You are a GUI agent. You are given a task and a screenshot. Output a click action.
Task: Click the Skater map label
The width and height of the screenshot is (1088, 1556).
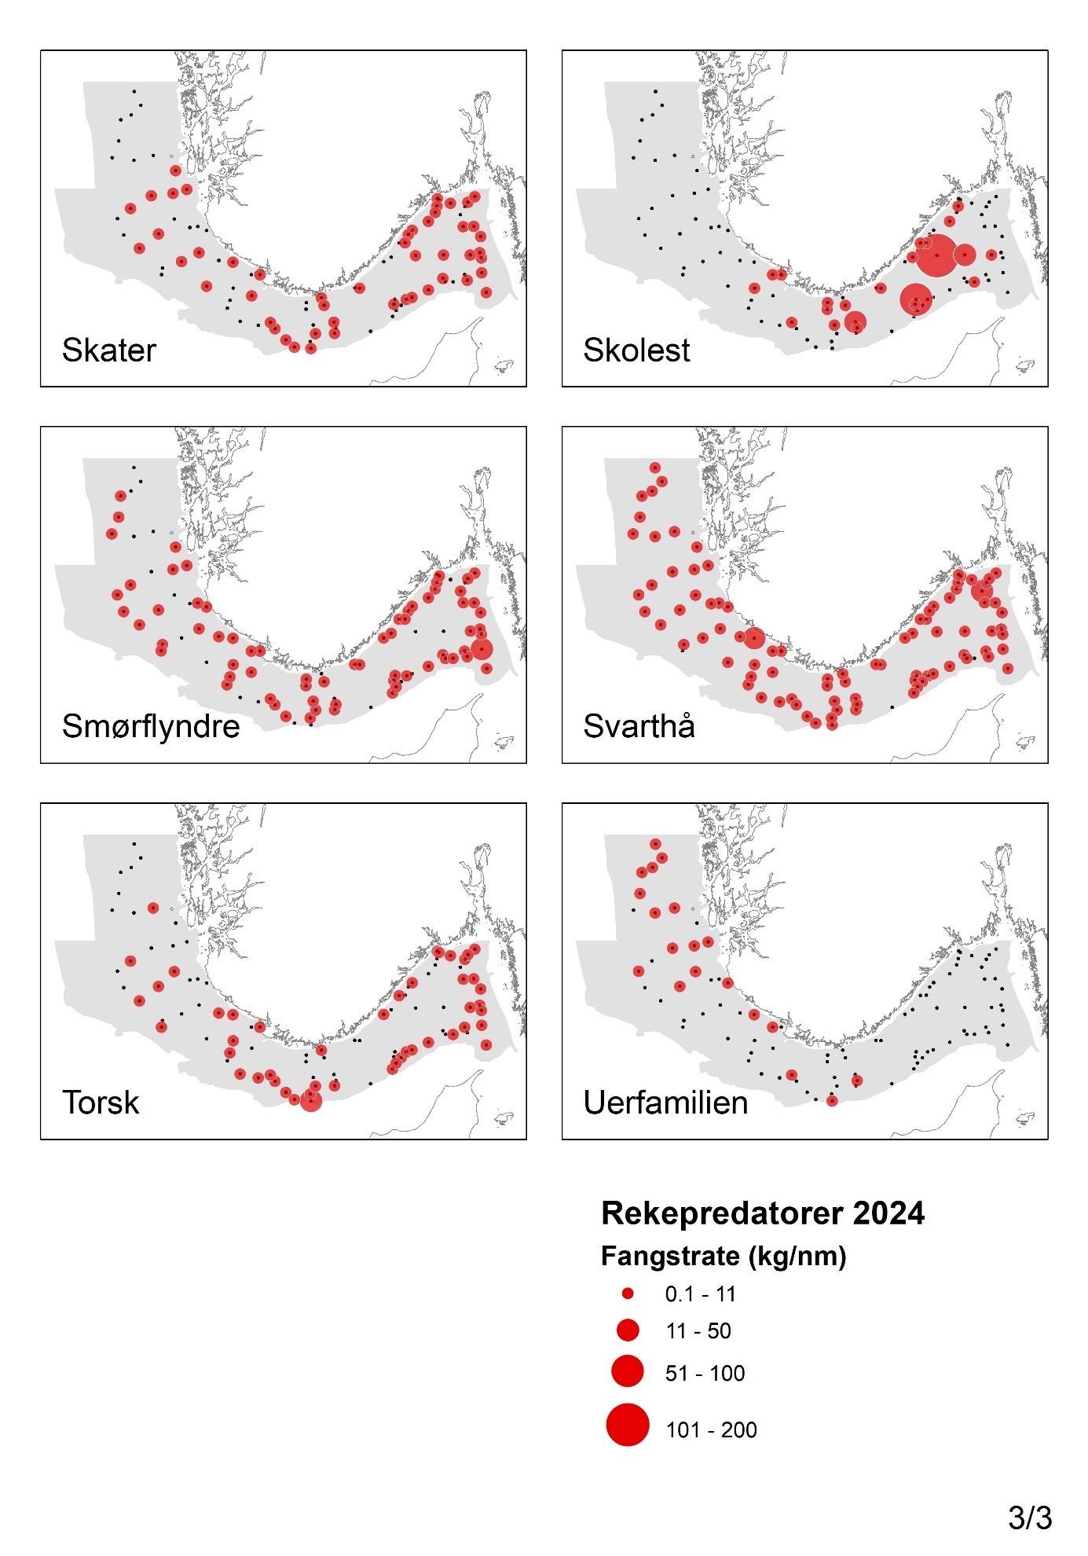[x=109, y=350]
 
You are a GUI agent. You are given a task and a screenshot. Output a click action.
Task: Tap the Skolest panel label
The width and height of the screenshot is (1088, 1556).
[x=636, y=350]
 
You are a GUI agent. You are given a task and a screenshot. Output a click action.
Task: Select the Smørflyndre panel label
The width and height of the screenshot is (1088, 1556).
[x=151, y=726]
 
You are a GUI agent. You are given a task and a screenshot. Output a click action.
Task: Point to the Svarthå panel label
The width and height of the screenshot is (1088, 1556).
[x=639, y=726]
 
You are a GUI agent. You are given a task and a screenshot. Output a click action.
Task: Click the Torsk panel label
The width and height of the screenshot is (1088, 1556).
[x=101, y=1103]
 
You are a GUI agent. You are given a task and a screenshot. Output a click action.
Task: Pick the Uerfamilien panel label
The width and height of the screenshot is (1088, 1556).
[x=665, y=1103]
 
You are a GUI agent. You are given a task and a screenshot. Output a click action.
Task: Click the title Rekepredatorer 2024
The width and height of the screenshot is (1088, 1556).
[x=762, y=1213]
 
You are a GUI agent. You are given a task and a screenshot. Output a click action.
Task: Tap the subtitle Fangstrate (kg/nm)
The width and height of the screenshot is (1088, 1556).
[x=723, y=1256]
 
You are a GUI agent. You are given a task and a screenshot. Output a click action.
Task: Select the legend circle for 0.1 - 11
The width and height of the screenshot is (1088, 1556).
[x=628, y=1294]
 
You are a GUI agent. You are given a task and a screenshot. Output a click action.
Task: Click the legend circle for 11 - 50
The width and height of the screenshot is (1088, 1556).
[x=628, y=1330]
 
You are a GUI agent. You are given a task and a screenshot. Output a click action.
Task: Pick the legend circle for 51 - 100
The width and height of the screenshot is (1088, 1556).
[x=628, y=1371]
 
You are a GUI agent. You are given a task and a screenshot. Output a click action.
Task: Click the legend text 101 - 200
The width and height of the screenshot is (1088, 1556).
[x=711, y=1429]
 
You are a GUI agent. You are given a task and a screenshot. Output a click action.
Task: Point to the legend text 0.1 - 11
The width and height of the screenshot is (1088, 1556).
[x=700, y=1294]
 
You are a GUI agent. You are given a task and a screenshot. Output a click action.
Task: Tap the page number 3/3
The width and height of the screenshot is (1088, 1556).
[x=1029, y=1517]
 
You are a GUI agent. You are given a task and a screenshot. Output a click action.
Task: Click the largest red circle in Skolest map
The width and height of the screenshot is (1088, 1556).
[x=936, y=255]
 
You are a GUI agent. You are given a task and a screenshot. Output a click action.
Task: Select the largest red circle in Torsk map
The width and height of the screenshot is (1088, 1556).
[x=311, y=1101]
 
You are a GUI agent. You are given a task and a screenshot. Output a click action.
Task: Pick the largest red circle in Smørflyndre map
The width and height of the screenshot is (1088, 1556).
[x=482, y=649]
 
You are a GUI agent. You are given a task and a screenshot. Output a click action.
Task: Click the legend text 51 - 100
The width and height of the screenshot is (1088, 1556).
[x=705, y=1373]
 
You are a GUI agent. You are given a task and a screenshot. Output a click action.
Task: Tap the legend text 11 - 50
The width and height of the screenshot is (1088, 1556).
[x=698, y=1331]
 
